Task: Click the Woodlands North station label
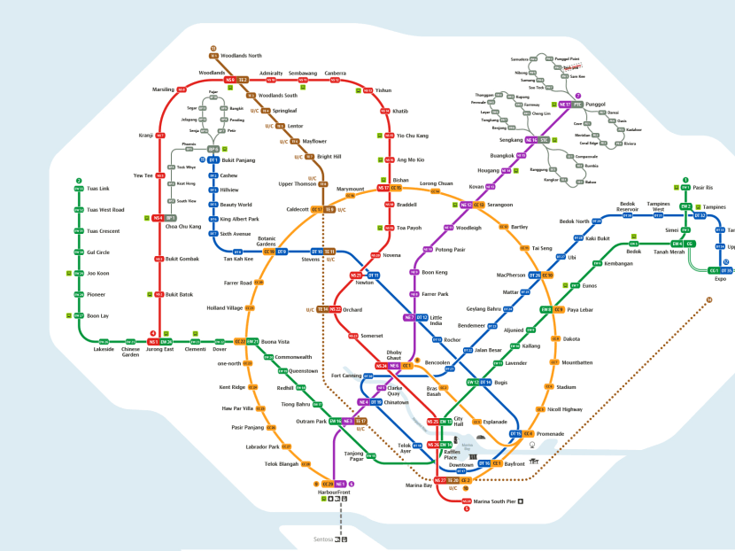[242, 56]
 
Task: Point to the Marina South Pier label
[494, 501]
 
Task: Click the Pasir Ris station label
[703, 188]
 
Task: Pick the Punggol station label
[596, 105]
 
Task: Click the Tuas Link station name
[97, 189]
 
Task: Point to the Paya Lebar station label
[579, 310]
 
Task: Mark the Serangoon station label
[500, 205]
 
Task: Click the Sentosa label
[322, 539]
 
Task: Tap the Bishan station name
[400, 179]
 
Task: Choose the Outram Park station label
[312, 421]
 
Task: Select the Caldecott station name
[297, 210]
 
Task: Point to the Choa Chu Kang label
[183, 227]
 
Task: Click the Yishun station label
[383, 90]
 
